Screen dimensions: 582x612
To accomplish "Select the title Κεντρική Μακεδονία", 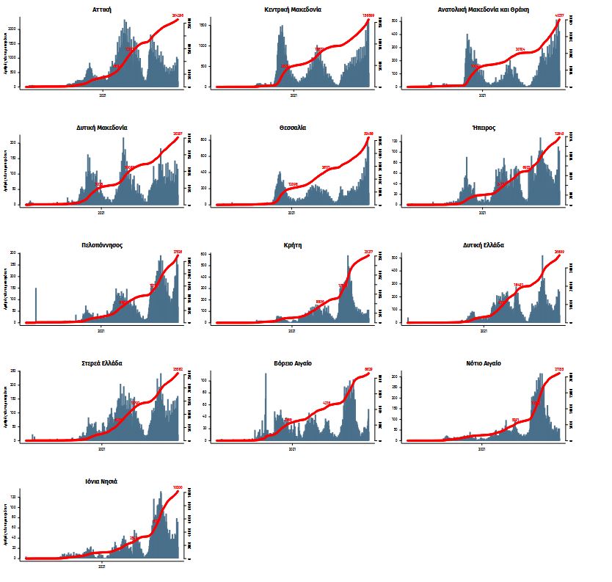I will pyautogui.click(x=293, y=10).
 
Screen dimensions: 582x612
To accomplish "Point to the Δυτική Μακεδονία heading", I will pyautogui.click(x=102, y=127).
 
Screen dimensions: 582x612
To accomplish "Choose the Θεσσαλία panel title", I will pyautogui.click(x=293, y=127).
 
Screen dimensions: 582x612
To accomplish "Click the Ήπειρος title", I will pyautogui.click(x=484, y=127).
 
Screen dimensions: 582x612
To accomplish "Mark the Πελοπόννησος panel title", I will pyautogui.click(x=102, y=245).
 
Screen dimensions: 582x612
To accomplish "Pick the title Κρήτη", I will pyautogui.click(x=293, y=245).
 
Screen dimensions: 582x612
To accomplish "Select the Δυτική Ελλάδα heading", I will pyautogui.click(x=484, y=245).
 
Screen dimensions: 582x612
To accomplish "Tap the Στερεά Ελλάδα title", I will pyautogui.click(x=102, y=363).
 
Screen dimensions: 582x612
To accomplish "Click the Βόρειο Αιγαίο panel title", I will pyautogui.click(x=293, y=363).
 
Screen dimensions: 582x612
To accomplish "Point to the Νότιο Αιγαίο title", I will pyautogui.click(x=484, y=363).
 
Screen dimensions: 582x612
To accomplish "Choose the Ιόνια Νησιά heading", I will pyautogui.click(x=102, y=481).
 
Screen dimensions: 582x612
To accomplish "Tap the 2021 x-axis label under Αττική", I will pyautogui.click(x=102, y=95).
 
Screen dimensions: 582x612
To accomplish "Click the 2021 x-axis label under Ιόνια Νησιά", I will pyautogui.click(x=102, y=566).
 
